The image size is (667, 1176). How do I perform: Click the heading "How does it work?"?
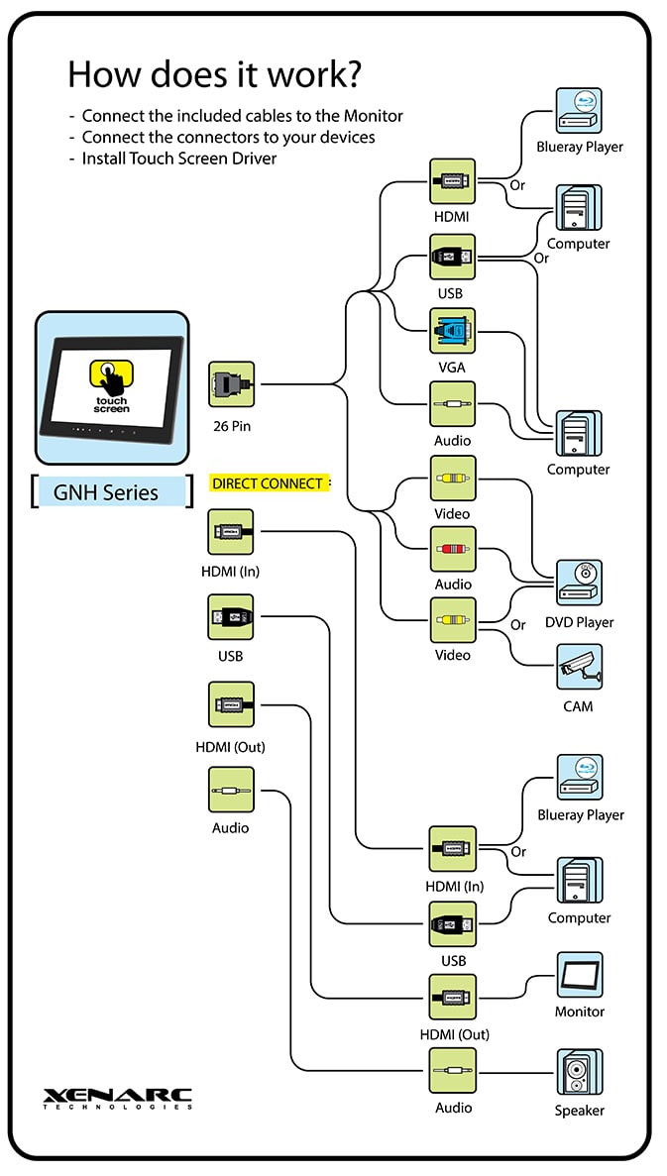click(213, 74)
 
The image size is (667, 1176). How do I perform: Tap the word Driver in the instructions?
click(252, 159)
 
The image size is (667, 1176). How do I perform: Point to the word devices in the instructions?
click(348, 137)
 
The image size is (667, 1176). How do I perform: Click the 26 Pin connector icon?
click(231, 384)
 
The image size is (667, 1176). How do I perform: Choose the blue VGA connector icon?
click(452, 331)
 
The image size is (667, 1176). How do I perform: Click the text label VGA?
click(452, 368)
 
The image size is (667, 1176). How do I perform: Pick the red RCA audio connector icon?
click(452, 549)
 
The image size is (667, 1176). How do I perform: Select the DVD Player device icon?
click(579, 584)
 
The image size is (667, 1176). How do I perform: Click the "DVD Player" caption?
click(579, 622)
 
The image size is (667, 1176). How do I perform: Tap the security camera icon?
click(579, 667)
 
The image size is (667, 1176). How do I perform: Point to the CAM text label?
click(578, 706)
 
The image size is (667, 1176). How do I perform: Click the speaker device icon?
click(579, 1072)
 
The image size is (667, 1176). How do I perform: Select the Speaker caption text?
click(579, 1111)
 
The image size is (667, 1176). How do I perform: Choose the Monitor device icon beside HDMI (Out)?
click(579, 976)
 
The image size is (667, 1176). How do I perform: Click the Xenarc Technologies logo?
click(117, 1098)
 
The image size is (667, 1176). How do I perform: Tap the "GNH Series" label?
click(106, 492)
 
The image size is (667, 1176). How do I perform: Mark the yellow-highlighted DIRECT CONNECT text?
click(268, 483)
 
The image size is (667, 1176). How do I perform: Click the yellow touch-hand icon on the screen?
click(112, 375)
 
